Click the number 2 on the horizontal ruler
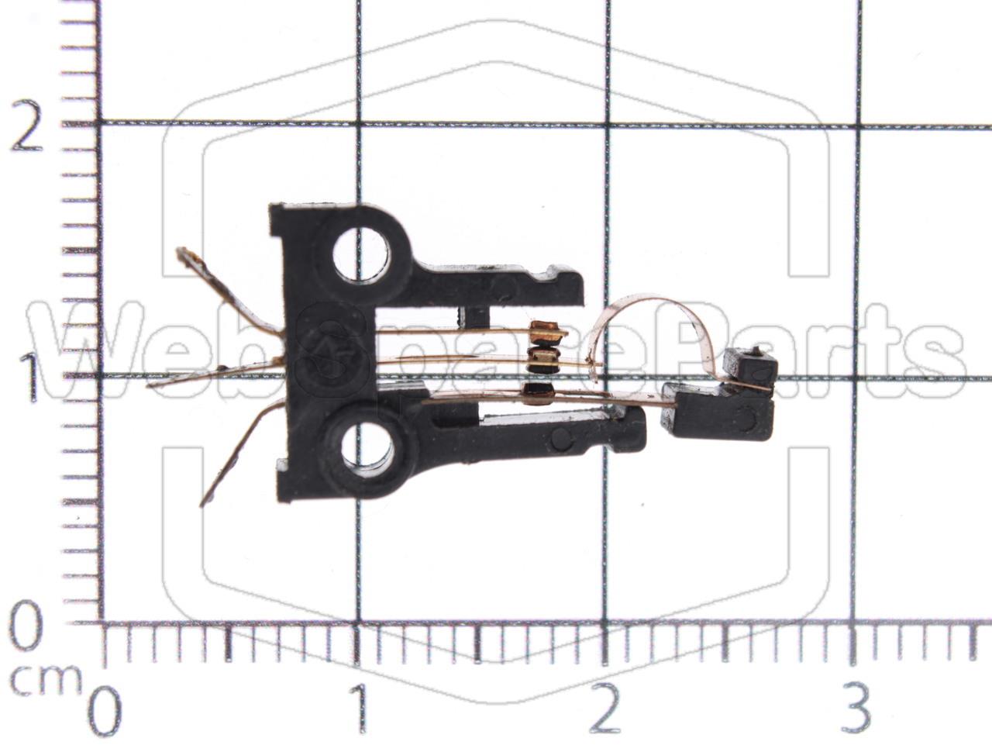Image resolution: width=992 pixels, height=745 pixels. click(606, 708)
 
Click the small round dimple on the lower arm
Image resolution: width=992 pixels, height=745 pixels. click(560, 440)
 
